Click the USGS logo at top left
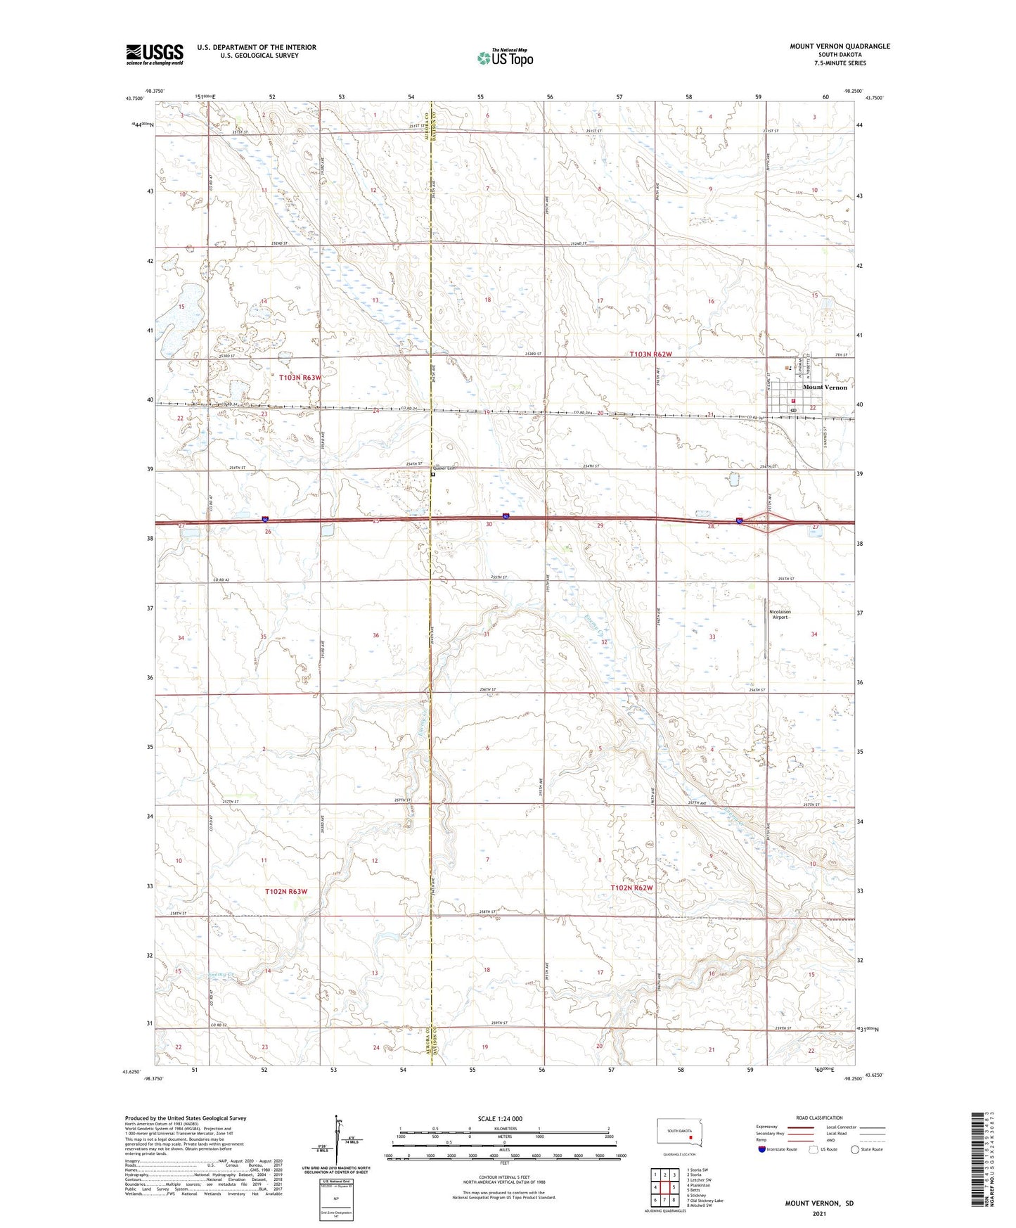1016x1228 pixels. point(154,54)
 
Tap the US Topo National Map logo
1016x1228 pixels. point(505,57)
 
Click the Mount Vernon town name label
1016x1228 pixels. point(825,388)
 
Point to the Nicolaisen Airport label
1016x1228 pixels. point(780,614)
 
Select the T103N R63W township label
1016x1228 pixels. point(300,378)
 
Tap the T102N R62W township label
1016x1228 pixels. point(631,888)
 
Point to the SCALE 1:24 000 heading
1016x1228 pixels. point(500,1119)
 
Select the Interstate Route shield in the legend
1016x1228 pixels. point(762,1149)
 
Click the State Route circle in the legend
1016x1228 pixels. point(855,1149)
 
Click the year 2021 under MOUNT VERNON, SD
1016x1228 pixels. point(819,1213)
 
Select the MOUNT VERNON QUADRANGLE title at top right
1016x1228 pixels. point(840,46)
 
